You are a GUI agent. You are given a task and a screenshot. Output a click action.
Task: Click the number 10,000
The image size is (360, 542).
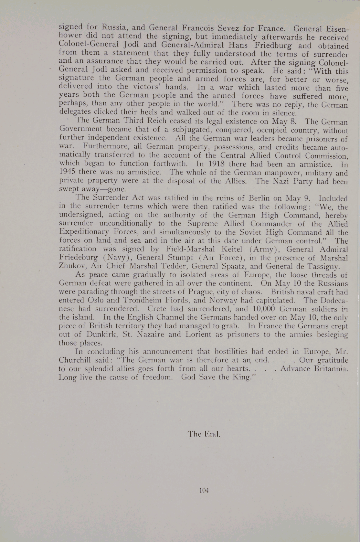tap(262, 309)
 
